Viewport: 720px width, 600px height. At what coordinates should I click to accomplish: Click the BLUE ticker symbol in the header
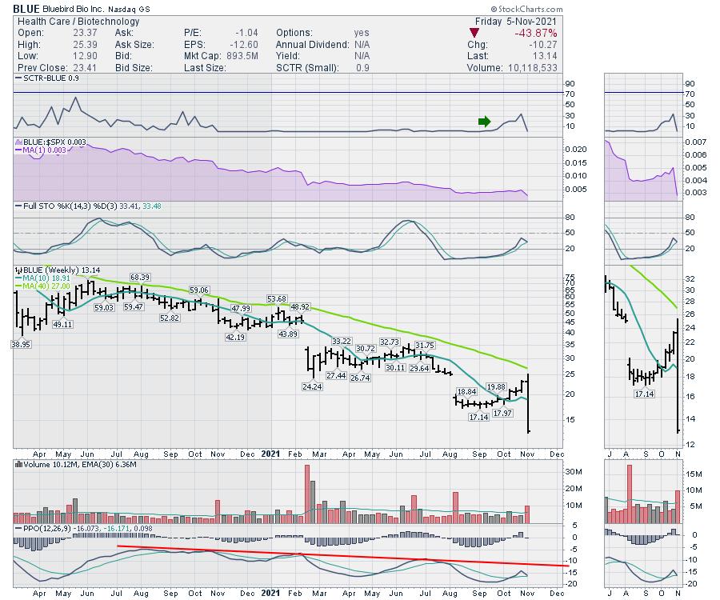[x=26, y=9]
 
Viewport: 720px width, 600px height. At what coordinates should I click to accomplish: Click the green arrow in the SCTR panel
[x=484, y=122]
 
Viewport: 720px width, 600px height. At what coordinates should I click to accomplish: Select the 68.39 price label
[x=141, y=277]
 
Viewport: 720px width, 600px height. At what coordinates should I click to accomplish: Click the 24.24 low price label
[x=313, y=386]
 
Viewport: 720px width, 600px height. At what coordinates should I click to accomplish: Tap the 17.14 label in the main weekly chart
[x=479, y=418]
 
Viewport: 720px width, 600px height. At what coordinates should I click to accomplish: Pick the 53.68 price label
[x=276, y=298]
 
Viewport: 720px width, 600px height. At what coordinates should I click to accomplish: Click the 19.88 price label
[x=496, y=386]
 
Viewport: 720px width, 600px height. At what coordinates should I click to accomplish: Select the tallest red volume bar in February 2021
[x=306, y=494]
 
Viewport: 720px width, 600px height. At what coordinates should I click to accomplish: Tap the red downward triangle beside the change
[x=474, y=33]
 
